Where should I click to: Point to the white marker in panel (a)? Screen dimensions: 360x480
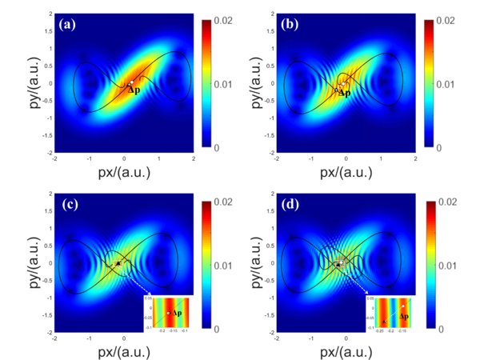click(x=130, y=82)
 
